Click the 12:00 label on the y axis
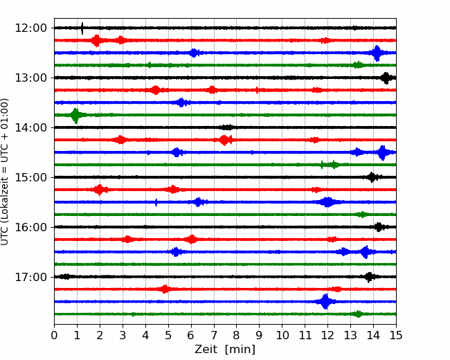click(30, 28)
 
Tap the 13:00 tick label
click(30, 78)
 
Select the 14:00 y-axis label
click(30, 127)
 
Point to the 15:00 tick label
click(30, 177)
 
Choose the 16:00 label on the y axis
click(30, 227)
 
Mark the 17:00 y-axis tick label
click(30, 277)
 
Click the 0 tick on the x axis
click(54, 335)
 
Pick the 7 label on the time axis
click(213, 335)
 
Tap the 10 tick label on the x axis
click(282, 335)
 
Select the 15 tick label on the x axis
click(396, 335)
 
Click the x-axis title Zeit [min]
click(225, 349)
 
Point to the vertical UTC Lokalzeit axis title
click(4, 172)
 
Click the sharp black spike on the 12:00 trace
click(82, 28)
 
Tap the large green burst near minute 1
click(75, 116)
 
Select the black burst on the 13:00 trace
click(386, 78)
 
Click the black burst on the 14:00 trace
click(226, 127)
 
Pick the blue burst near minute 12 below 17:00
click(325, 301)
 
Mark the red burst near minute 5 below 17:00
click(165, 289)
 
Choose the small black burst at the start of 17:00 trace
click(66, 277)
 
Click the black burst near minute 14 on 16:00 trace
click(379, 227)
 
